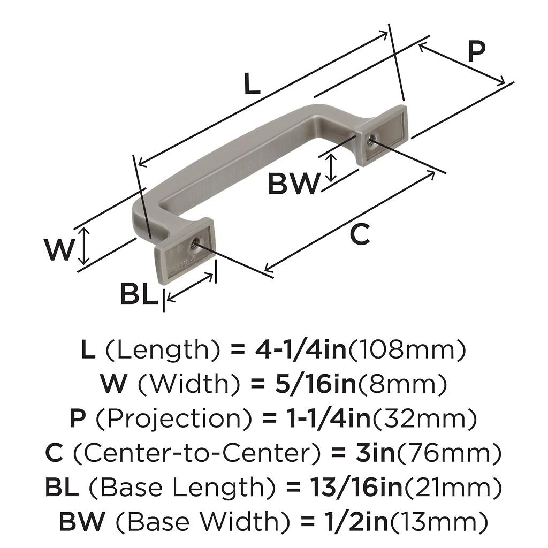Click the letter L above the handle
click(x=252, y=85)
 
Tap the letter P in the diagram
click(x=476, y=53)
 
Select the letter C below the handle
click(x=360, y=234)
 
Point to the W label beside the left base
click(x=59, y=250)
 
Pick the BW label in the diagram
click(x=293, y=185)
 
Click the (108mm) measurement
click(x=407, y=350)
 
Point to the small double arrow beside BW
click(x=332, y=167)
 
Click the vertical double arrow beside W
click(x=83, y=246)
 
